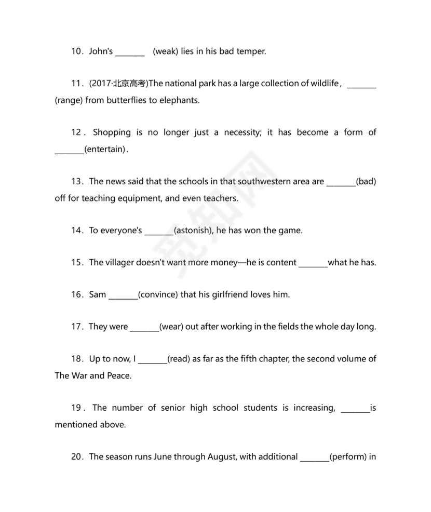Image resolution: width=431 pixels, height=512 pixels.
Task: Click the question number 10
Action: [x=77, y=51]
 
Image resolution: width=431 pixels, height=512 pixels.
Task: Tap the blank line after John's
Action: [x=130, y=52]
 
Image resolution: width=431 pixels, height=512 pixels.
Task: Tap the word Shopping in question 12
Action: [x=112, y=132]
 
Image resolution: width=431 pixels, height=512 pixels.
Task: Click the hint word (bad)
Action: [x=366, y=182]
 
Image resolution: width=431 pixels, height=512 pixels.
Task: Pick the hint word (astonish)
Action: [x=193, y=231]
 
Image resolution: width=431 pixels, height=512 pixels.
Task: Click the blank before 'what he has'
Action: [x=313, y=263]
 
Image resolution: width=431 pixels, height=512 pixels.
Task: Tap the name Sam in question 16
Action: [x=98, y=295]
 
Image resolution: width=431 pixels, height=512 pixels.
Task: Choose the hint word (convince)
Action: [x=158, y=295]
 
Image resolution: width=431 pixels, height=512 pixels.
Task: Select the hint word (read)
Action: [x=179, y=359]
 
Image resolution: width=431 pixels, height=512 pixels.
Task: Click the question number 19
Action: [x=77, y=408]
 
